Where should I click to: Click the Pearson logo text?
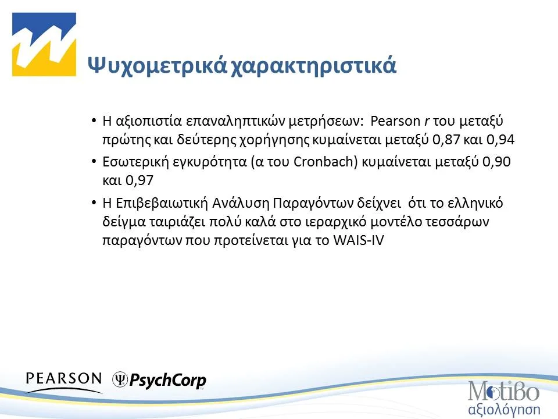click(x=64, y=379)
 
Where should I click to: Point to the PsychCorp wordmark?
click(x=168, y=381)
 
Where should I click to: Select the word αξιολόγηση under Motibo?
click(x=505, y=407)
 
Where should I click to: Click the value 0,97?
click(x=141, y=180)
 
